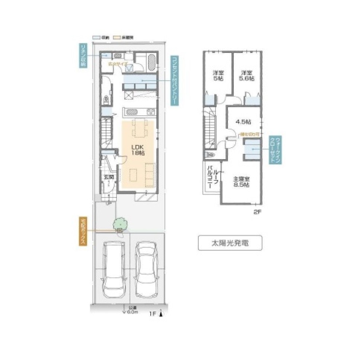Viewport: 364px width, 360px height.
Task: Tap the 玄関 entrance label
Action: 108,179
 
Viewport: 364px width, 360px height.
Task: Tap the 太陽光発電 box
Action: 230,243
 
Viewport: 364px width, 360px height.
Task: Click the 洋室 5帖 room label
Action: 218,75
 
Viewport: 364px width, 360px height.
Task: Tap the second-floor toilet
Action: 210,155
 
